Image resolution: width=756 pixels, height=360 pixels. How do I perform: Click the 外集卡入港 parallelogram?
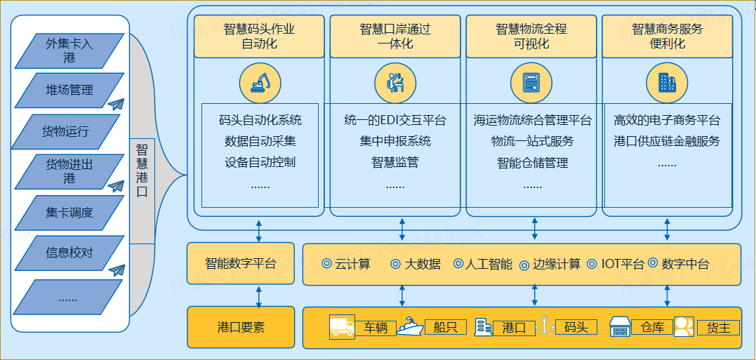(x=69, y=51)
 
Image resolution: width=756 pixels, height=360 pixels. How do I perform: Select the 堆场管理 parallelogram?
(x=69, y=90)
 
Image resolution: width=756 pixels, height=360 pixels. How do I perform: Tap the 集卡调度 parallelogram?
(x=69, y=213)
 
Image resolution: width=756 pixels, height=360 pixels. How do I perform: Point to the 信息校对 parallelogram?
(x=69, y=253)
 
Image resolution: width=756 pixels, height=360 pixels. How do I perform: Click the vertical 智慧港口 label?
(x=142, y=171)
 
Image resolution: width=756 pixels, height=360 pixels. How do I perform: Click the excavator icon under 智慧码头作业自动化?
(x=260, y=82)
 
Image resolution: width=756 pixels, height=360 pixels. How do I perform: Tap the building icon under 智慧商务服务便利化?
(x=667, y=82)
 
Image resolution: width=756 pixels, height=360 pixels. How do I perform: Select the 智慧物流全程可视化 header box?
(x=531, y=36)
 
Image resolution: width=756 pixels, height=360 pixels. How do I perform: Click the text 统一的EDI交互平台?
(x=395, y=121)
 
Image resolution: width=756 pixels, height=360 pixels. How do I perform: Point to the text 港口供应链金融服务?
(x=667, y=141)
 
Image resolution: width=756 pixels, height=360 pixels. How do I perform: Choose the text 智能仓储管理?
(x=532, y=163)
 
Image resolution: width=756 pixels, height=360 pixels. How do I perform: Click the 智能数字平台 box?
(x=241, y=264)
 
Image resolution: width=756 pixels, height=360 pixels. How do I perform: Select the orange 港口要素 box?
(x=241, y=327)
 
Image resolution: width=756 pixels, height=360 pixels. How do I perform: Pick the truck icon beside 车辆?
(x=342, y=326)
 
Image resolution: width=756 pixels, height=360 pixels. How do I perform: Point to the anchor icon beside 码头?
(x=541, y=325)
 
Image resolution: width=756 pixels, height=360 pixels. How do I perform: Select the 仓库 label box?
(x=652, y=327)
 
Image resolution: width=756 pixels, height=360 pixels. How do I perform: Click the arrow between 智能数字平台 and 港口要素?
(x=259, y=295)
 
